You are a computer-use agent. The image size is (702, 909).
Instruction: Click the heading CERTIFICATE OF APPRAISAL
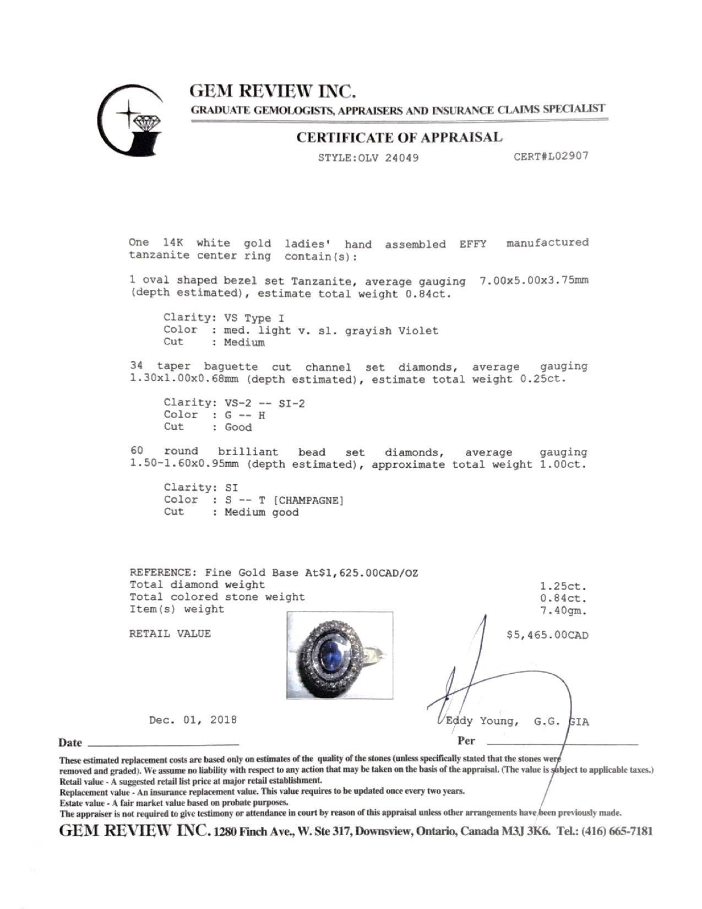pyautogui.click(x=399, y=138)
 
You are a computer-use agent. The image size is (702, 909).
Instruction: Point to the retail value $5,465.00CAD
pyautogui.click(x=547, y=635)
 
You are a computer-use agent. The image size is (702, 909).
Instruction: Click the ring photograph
pyautogui.click(x=339, y=655)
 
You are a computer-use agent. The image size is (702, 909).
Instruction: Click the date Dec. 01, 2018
pyautogui.click(x=193, y=720)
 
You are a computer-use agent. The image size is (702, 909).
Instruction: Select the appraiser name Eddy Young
pyautogui.click(x=482, y=721)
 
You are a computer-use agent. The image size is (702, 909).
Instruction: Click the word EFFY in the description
pyautogui.click(x=473, y=244)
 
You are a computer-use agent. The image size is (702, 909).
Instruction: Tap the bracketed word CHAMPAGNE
pyautogui.click(x=308, y=500)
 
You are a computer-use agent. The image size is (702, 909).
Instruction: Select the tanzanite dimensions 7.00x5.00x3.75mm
pyautogui.click(x=534, y=280)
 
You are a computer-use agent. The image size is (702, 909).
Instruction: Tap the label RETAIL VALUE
pyautogui.click(x=170, y=634)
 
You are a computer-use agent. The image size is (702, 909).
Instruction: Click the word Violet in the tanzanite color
pyautogui.click(x=420, y=331)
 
